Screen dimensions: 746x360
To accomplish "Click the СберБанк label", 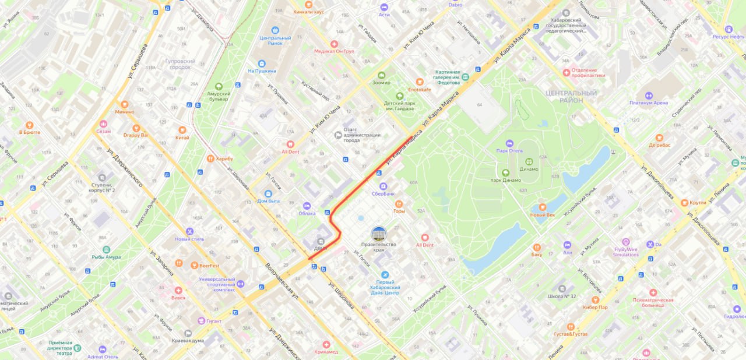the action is click(383, 193).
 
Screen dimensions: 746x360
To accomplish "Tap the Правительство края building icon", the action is click(379, 234).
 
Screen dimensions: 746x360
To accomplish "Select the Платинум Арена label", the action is click(648, 103).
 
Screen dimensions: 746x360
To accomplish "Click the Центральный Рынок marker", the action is click(275, 30).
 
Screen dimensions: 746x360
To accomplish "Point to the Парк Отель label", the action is click(509, 150).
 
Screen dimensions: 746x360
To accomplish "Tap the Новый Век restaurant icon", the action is click(542, 207).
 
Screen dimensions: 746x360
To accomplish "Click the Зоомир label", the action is click(381, 83).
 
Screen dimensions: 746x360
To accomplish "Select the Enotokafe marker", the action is click(419, 82).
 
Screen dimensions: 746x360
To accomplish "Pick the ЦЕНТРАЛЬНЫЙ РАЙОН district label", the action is click(570, 97).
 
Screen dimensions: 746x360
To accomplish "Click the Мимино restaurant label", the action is click(124, 111).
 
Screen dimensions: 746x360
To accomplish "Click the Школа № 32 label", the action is click(562, 296).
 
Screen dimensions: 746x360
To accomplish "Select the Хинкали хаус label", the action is click(309, 11).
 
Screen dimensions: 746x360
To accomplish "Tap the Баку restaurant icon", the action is click(536, 246).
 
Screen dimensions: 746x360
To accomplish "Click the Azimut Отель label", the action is click(103, 357).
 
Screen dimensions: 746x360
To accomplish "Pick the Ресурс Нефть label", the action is click(728, 36).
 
